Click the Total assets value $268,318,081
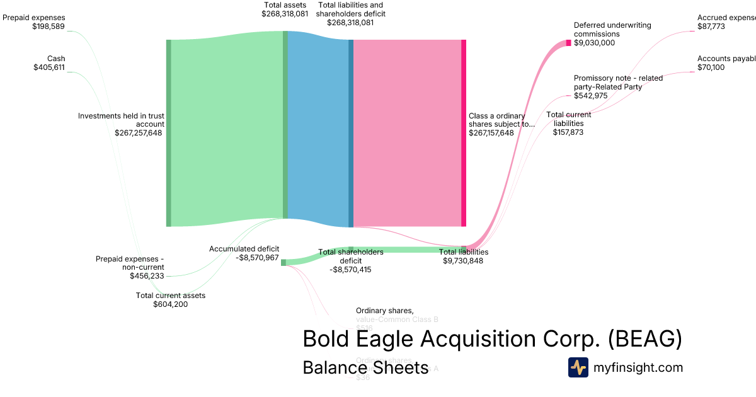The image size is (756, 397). coord(285,13)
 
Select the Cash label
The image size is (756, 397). coord(56,59)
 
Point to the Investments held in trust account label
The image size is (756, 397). coord(121,120)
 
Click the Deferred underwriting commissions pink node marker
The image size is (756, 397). coord(568,43)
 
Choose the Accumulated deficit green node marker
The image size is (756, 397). coord(283,262)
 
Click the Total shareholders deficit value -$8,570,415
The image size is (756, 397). coord(351,270)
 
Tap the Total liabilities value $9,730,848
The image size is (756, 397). coord(463,260)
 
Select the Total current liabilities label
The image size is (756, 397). coord(568,119)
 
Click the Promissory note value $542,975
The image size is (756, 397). coord(590,96)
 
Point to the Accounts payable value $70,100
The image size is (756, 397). coord(711,67)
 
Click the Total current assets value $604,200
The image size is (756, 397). coord(170,304)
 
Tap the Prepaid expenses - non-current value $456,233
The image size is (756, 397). coord(147,276)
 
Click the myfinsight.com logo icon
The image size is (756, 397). coord(578,367)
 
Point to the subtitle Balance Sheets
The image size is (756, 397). coord(365,367)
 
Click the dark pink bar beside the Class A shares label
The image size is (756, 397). coord(464,132)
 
